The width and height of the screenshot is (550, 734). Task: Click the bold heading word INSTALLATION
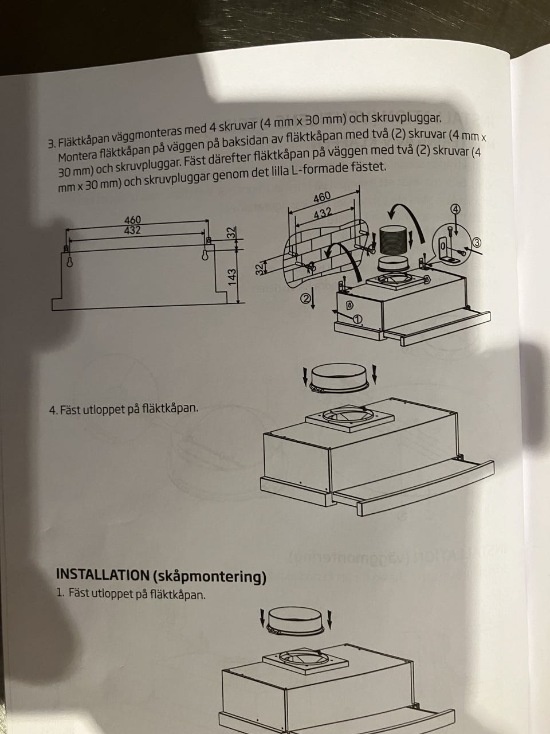click(103, 574)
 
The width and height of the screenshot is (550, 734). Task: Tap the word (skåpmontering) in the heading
click(209, 577)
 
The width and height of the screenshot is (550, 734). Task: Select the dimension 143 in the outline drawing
click(232, 277)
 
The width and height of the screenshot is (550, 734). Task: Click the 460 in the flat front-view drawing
click(132, 220)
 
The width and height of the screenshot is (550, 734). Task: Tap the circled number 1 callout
click(357, 319)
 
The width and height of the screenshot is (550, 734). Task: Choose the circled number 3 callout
click(477, 243)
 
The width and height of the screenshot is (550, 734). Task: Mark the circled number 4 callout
click(456, 209)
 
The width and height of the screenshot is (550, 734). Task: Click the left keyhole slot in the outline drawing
click(70, 262)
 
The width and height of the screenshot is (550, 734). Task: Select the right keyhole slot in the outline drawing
click(205, 255)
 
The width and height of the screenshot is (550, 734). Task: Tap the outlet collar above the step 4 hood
click(340, 377)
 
